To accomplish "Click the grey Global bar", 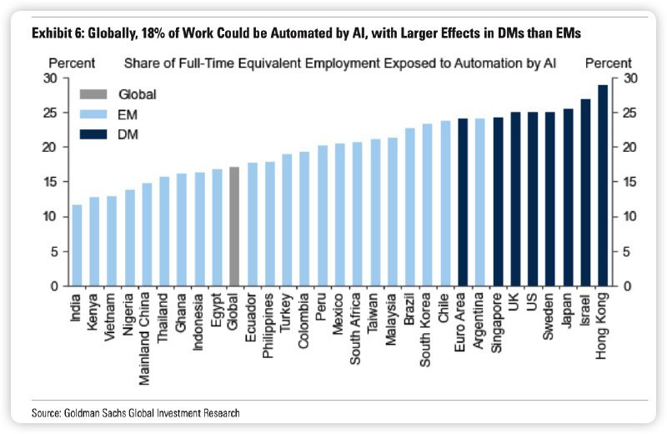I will [x=234, y=226].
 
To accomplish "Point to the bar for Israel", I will [x=585, y=193].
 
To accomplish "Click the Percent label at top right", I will [x=609, y=63].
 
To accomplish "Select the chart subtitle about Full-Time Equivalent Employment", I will [x=340, y=63].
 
